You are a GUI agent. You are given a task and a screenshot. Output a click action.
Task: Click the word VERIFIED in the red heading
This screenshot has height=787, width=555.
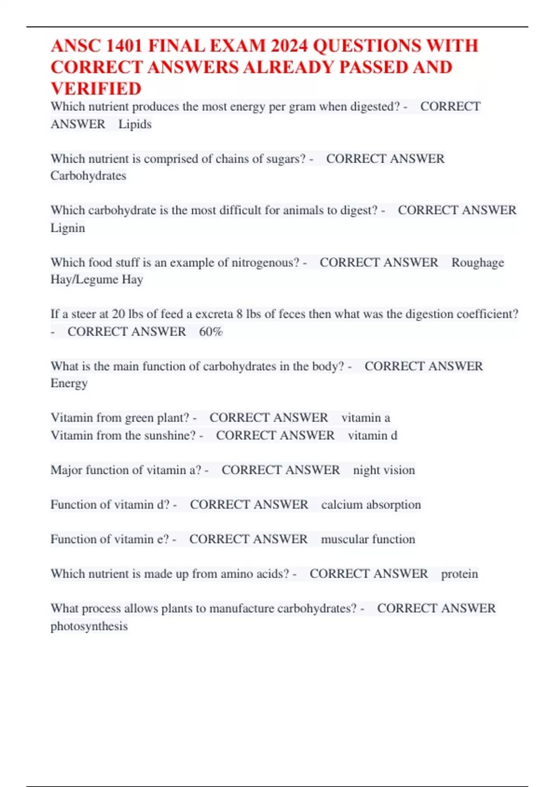coord(96,89)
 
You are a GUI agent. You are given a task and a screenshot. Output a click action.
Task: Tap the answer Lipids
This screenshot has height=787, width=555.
coord(135,125)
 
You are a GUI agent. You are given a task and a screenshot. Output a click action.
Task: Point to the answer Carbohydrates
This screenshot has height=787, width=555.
coord(88,176)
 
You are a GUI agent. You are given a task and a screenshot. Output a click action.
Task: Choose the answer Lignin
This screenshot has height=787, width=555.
coord(68,228)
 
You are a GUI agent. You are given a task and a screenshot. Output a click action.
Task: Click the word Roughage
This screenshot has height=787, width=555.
coord(477,262)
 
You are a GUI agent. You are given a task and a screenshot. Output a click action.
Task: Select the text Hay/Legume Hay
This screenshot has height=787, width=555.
coord(97,280)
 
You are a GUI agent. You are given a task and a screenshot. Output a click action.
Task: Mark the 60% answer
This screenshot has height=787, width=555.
coord(210,332)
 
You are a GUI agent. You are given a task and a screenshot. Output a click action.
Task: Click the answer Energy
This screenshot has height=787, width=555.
coord(69,383)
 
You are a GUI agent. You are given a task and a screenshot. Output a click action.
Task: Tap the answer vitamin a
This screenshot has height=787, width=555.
coord(365,418)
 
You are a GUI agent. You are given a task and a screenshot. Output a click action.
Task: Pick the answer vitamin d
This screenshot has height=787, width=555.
coord(372,436)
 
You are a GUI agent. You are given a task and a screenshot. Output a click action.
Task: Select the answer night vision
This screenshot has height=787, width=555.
coord(384,470)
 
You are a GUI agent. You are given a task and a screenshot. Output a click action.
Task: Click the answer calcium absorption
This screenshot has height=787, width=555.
coord(371,505)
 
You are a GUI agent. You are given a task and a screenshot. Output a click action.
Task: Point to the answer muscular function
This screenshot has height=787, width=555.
coord(368,539)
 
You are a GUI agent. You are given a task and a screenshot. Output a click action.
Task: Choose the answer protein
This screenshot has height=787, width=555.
coord(459,574)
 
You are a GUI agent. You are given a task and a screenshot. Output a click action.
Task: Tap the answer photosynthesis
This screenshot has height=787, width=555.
coord(89,626)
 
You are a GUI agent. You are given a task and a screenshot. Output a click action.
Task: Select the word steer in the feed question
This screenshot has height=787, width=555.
coord(84,314)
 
